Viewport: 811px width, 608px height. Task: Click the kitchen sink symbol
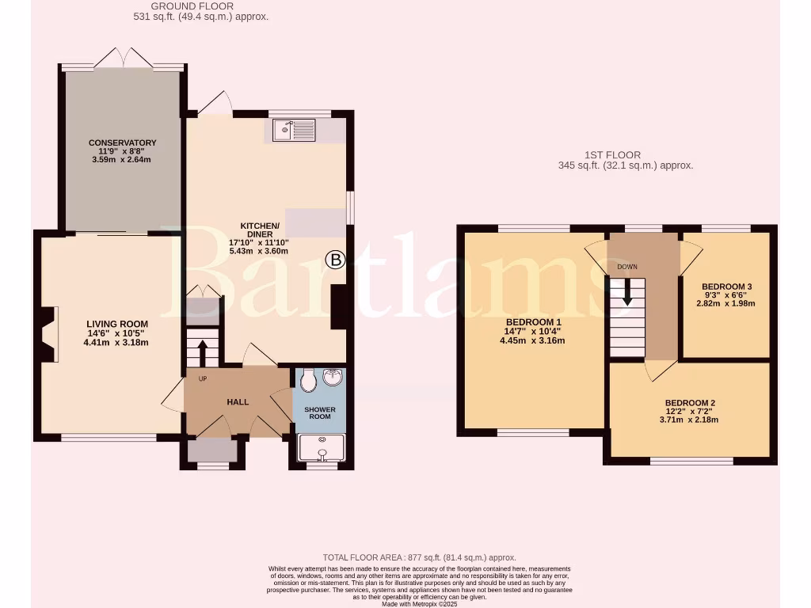click(294, 130)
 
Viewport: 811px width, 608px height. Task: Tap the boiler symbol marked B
click(337, 259)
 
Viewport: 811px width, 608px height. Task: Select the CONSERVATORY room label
click(122, 142)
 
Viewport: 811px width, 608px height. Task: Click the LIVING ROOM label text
click(117, 324)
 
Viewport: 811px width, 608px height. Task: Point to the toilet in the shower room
click(308, 382)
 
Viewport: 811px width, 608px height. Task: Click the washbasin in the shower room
click(332, 378)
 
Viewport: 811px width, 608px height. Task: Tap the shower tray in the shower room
click(322, 448)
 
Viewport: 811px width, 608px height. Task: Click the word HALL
click(238, 402)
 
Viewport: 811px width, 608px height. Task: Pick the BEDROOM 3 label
click(726, 287)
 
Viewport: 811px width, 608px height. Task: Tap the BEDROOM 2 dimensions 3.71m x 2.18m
click(688, 420)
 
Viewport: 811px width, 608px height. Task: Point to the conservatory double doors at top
click(124, 57)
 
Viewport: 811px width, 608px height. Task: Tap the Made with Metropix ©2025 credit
click(419, 603)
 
